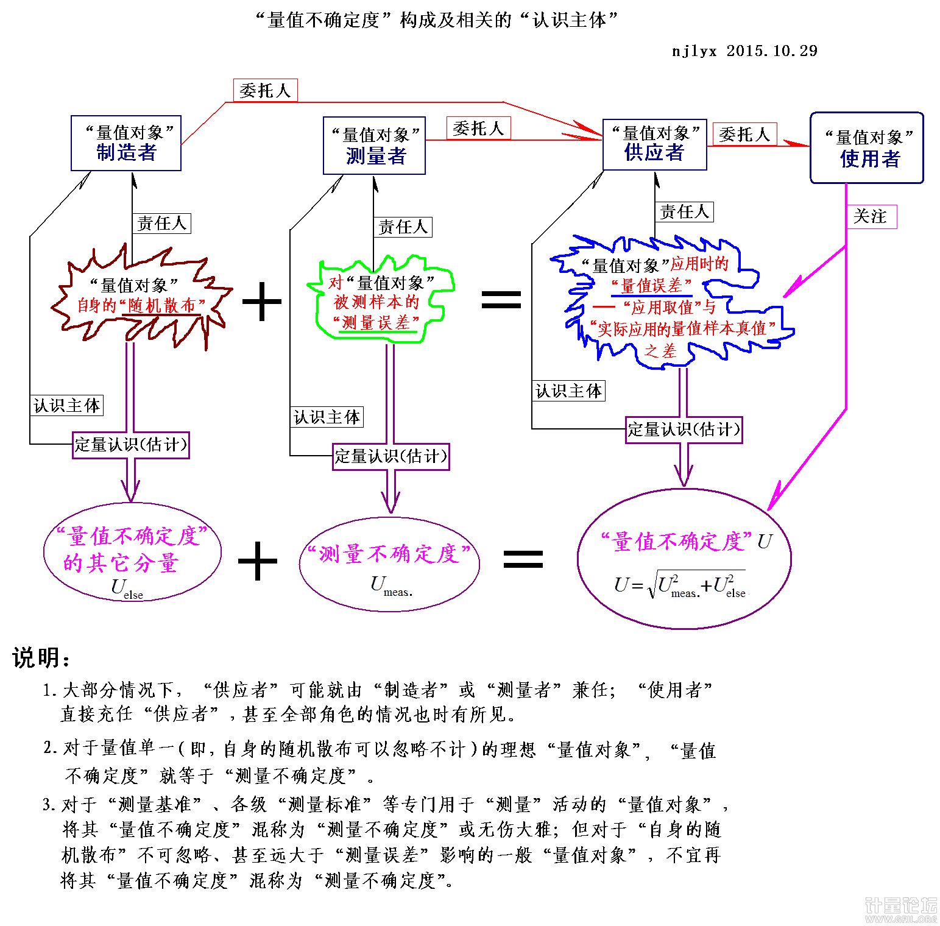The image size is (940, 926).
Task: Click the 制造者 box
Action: [x=126, y=143]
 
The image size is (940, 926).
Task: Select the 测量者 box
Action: [x=374, y=146]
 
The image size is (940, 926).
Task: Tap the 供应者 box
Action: [x=654, y=144]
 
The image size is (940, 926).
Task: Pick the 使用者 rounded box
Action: [x=866, y=147]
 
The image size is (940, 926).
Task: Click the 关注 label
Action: [x=871, y=216]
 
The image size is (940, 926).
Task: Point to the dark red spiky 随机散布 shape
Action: [x=141, y=299]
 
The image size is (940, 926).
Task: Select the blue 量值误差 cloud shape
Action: [x=670, y=305]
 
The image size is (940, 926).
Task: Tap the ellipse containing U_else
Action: [x=132, y=552]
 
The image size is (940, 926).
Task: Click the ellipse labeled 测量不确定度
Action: [x=389, y=564]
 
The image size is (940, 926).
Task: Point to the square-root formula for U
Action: [x=680, y=585]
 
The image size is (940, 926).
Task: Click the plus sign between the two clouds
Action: [x=262, y=301]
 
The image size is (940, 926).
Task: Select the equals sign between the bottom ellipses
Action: [x=523, y=559]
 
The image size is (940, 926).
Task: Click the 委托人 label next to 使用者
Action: [x=744, y=134]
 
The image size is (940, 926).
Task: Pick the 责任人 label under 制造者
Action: [x=161, y=223]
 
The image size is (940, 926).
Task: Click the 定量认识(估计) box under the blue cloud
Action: [x=684, y=430]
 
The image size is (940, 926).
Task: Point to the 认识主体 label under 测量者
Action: [x=327, y=417]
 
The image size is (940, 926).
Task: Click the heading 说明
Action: [x=40, y=658]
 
